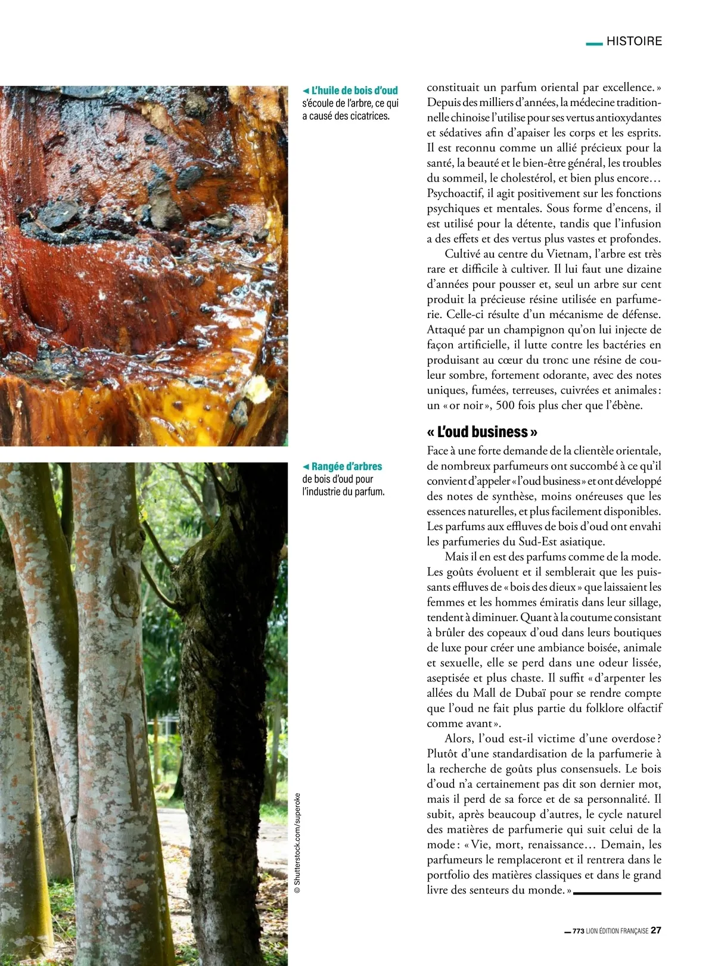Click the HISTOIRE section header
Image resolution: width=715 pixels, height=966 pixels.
pos(634,41)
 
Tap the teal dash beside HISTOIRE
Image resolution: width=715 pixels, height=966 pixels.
pos(594,43)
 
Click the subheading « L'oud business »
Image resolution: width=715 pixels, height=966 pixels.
pos(482,431)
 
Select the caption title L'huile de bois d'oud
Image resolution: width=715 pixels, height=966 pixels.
pos(354,91)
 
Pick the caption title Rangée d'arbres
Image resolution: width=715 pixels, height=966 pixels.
pos(346,466)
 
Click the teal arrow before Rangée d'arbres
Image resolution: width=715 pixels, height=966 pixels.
pos(306,466)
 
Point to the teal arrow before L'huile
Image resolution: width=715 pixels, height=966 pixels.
pos(306,91)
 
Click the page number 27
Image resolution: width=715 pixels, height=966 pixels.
pos(656,930)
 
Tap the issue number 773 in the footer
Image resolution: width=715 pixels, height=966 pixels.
pos(578,931)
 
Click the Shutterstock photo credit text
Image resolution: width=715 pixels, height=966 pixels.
pos(298,843)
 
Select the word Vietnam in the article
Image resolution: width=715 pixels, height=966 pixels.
pos(566,254)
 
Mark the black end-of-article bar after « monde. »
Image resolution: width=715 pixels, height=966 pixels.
pos(617,893)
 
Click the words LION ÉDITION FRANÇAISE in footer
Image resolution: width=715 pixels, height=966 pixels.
pos(617,931)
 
